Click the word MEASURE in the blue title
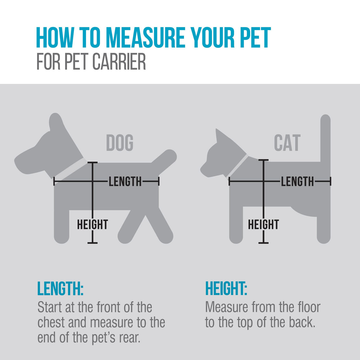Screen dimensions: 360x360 point(145,38)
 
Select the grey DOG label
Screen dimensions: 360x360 point(120,143)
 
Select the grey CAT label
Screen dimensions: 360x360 point(287,143)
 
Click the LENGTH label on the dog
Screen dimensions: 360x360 point(125,182)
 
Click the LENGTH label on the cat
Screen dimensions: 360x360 point(297,182)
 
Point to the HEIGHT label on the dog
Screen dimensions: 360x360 point(93,225)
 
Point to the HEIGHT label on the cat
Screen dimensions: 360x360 point(263,225)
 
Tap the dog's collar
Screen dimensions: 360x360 point(72,169)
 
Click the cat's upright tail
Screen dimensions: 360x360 point(325,138)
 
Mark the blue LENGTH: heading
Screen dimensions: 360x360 point(60,289)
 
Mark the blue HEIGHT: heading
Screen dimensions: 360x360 point(226,289)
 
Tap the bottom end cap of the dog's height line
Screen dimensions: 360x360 point(93,243)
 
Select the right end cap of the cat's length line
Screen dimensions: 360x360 point(330,181)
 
